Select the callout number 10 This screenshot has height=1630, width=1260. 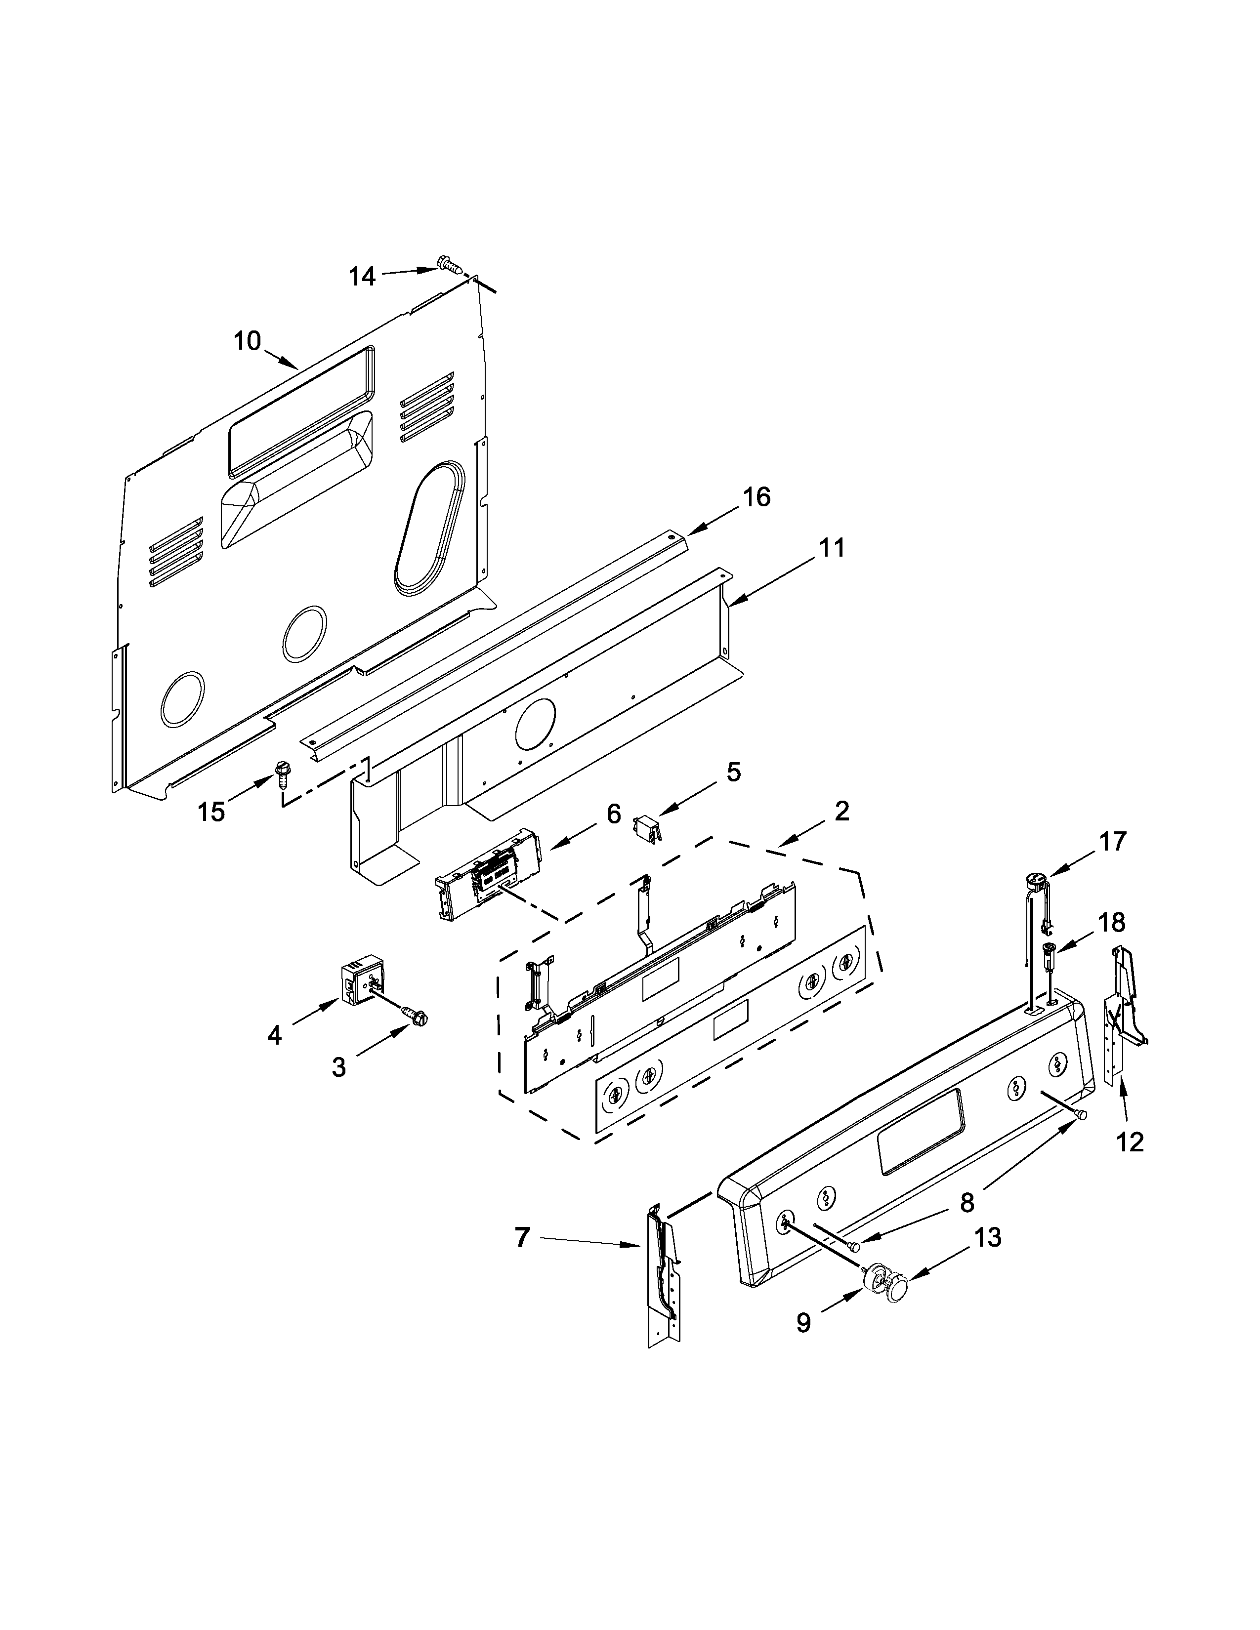click(x=247, y=341)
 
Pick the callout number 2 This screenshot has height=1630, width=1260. click(x=841, y=811)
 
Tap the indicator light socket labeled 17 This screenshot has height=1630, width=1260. click(x=1037, y=882)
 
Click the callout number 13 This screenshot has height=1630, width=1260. click(x=988, y=1237)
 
